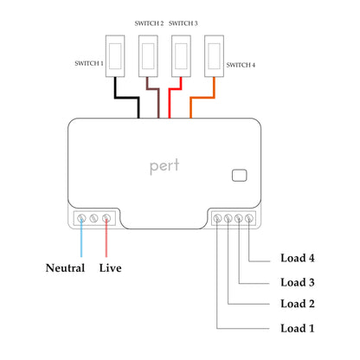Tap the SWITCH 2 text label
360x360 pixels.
150,22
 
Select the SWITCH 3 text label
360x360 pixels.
183,22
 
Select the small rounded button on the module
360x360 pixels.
239,176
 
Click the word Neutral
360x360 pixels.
65,268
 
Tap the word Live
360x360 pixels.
110,268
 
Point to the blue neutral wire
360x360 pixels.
82,242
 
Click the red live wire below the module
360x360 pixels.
106,242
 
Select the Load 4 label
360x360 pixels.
298,258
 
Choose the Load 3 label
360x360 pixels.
298,282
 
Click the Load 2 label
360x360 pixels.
298,304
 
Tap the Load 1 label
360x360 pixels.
298,329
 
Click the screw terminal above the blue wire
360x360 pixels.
82,219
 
